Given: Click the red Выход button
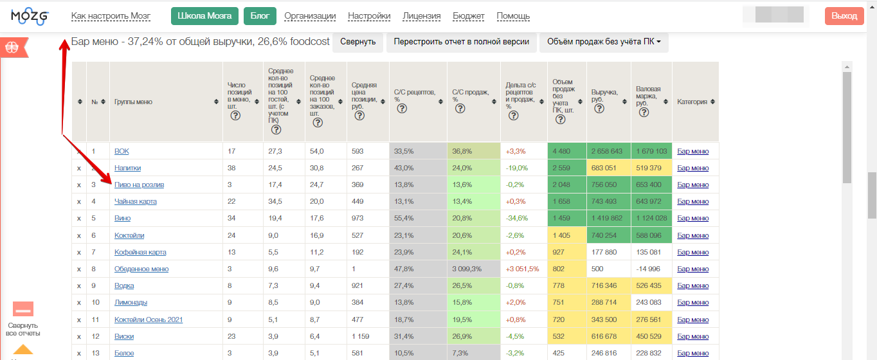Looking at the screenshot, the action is [844, 16].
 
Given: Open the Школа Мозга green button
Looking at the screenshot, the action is [204, 16].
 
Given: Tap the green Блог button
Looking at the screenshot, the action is [260, 16].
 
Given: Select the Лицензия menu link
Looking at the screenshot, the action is [421, 16].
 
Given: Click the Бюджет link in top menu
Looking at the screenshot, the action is [468, 16].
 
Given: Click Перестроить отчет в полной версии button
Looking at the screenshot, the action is [461, 42].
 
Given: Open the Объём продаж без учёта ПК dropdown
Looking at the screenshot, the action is [604, 42].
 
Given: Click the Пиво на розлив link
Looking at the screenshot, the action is [139, 184].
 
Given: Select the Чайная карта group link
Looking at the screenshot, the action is [136, 201].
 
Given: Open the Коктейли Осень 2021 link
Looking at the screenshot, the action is [149, 319].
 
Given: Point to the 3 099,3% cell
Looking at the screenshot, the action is [467, 269].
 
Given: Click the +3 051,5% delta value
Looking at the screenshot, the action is [522, 269].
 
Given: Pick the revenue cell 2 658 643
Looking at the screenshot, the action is [606, 151].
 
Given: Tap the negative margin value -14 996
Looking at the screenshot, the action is [647, 269].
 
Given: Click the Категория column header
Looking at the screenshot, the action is [692, 102].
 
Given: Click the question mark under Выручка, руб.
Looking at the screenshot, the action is [599, 109].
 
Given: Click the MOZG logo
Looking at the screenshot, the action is [30, 17].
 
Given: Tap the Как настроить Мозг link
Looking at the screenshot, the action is [111, 16].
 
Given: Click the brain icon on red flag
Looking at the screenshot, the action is [12, 48].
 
